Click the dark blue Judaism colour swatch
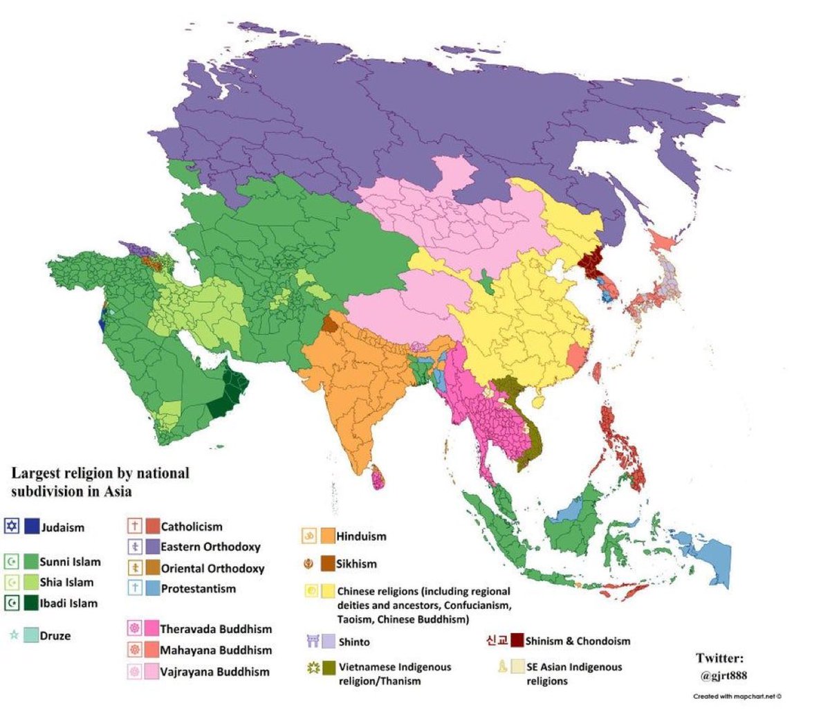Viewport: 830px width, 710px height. coord(31,527)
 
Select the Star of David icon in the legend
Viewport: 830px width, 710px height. coord(11,527)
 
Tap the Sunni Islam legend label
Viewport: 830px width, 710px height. coord(70,562)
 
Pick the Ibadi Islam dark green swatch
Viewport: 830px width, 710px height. coord(31,603)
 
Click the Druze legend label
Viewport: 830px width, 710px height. coord(55,636)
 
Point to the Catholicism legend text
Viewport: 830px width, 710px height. coord(192,527)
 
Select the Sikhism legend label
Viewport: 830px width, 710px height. coord(356,564)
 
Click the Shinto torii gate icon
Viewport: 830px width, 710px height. coord(312,641)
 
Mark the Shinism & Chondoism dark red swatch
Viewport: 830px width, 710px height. coord(515,641)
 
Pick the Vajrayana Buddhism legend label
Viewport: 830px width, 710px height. coord(214,671)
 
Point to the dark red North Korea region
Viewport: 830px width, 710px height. coord(590,264)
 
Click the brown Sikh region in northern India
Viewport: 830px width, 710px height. coord(330,324)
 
